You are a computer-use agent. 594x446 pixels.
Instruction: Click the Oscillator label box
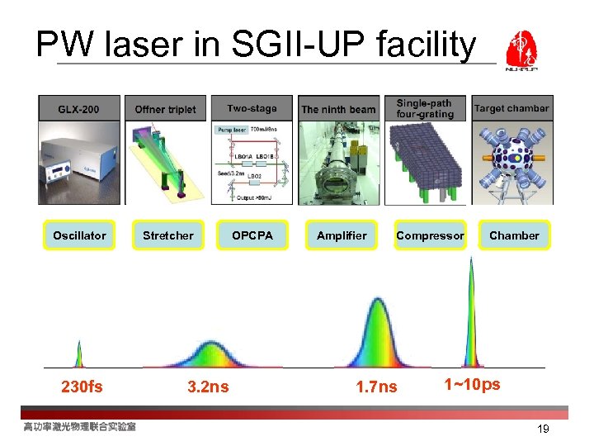(79, 235)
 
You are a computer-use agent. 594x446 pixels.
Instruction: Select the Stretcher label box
(168, 235)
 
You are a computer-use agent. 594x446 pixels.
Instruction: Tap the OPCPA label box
(252, 235)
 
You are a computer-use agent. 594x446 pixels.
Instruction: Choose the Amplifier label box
(342, 235)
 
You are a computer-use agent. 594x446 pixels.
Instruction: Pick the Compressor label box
(430, 235)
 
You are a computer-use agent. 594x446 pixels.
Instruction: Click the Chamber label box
(514, 235)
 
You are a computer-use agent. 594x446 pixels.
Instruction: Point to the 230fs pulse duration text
(82, 387)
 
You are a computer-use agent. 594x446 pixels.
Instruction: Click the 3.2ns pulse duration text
(208, 387)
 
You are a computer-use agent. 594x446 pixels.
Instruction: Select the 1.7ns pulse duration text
(375, 387)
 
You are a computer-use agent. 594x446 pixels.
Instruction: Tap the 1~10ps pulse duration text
(472, 384)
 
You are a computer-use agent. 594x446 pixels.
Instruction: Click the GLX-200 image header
(79, 108)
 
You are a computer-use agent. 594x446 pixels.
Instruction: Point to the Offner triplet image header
(165, 108)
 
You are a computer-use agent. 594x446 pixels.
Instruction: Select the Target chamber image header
(511, 108)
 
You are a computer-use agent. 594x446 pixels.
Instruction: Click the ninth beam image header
(338, 108)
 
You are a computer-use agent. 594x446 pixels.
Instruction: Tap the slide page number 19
(542, 429)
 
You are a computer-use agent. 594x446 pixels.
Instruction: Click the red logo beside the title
(521, 51)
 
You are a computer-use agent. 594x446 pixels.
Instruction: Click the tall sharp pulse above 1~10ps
(471, 314)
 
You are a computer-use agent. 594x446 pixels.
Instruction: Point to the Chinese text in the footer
(79, 426)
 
